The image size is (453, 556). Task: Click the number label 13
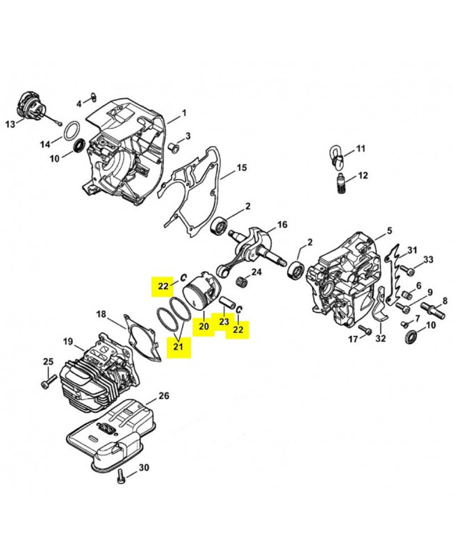point(10,124)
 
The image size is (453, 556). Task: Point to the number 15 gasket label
point(242,167)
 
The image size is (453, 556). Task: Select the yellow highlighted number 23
point(224,322)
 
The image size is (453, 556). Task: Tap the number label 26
point(163,396)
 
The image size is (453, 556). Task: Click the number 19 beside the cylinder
point(68,341)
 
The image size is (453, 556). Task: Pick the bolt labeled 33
point(410,269)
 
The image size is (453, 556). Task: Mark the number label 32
point(380,339)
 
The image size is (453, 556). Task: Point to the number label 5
point(390,230)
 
